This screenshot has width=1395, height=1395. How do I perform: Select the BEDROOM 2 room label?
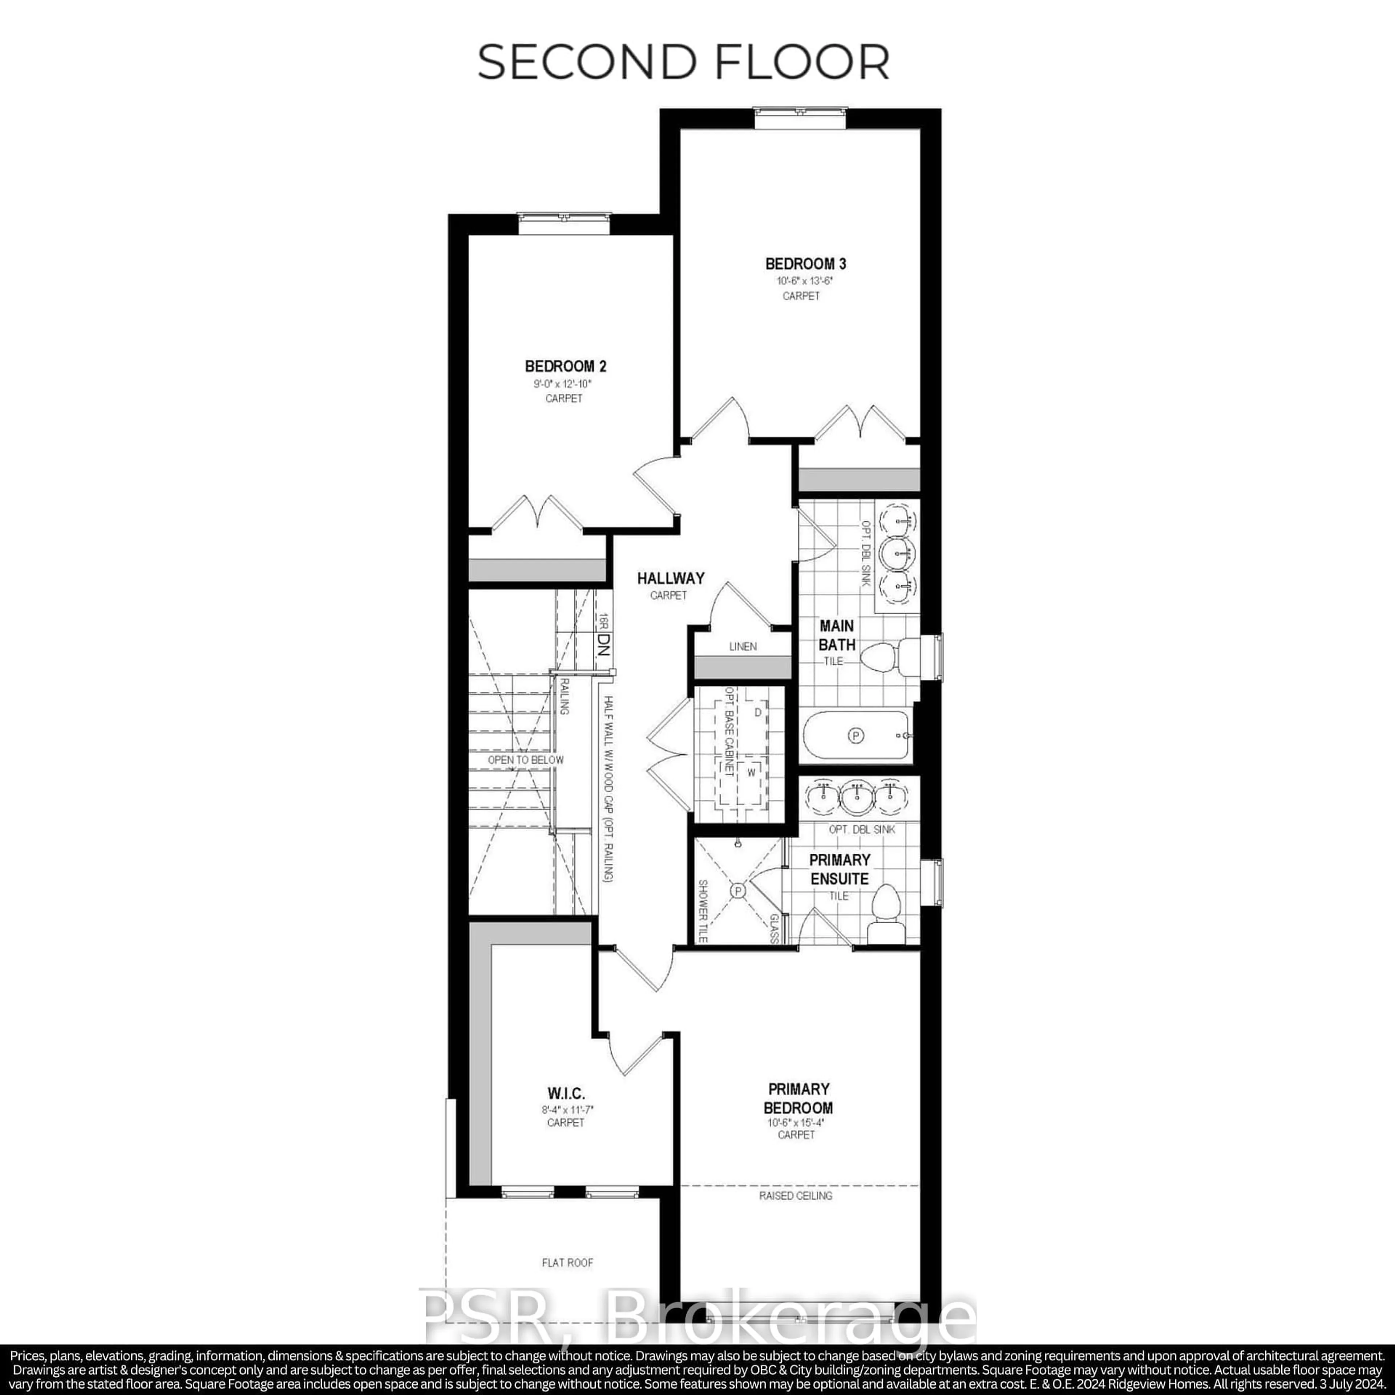pyautogui.click(x=565, y=366)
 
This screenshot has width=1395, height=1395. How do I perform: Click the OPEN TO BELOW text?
pyautogui.click(x=526, y=760)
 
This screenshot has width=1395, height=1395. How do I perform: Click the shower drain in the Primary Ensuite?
pyautogui.click(x=738, y=892)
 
